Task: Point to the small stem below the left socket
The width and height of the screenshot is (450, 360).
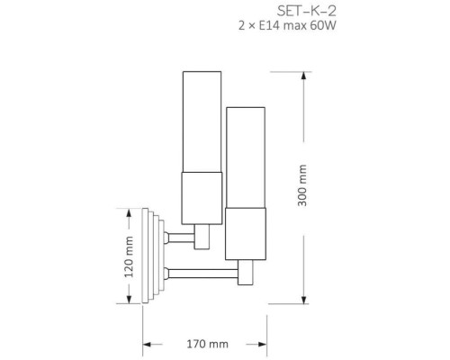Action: click(x=203, y=236)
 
